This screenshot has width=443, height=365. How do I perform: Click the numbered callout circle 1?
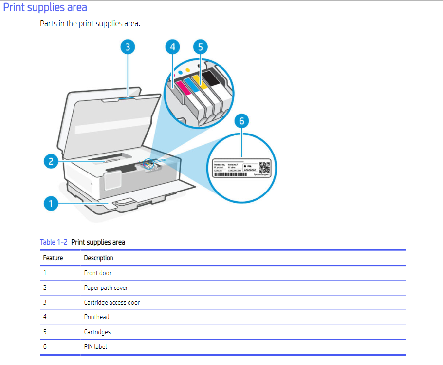pos(50,204)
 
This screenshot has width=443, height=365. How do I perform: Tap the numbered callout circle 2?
pos(50,161)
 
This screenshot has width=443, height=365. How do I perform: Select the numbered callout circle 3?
pos(127,47)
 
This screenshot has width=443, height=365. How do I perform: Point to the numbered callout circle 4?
pos(172,47)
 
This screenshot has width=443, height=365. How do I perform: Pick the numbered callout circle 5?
pos(200,47)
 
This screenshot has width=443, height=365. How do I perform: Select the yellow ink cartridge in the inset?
pos(201,80)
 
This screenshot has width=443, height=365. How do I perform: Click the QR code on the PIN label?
pos(264,168)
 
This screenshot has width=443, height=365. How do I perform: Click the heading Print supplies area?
pos(45,8)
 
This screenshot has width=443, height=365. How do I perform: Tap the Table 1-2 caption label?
pos(54,242)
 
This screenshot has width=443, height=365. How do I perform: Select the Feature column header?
pos(53,258)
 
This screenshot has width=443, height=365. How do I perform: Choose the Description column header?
pos(98,258)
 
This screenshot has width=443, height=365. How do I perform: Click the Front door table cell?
pos(97,273)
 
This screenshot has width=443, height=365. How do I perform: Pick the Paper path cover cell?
pos(106,288)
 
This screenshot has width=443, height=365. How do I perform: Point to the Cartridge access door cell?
pos(111,302)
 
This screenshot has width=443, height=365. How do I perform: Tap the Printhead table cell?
pos(96,317)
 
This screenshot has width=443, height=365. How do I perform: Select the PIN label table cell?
pos(95,346)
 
